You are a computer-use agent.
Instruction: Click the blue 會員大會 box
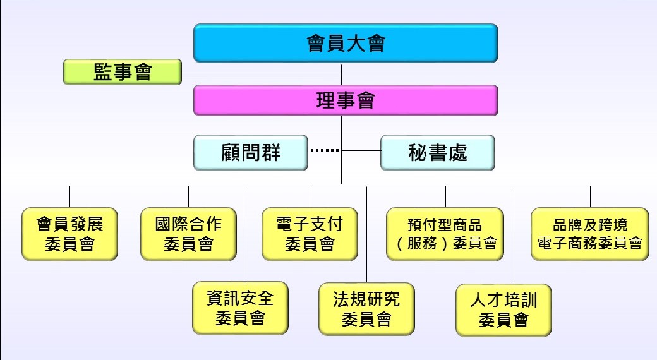pos(346,43)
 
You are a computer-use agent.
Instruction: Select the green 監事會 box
pos(123,72)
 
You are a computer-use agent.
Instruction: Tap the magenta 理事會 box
pos(346,100)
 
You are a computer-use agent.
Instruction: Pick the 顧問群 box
pos(250,152)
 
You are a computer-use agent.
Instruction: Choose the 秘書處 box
pos(437,152)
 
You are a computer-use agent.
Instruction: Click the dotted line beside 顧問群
pos(325,151)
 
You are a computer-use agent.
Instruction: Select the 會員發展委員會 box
pos(69,234)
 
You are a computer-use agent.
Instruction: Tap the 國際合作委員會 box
pos(188,234)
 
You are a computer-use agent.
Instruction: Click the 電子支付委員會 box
pos(310,234)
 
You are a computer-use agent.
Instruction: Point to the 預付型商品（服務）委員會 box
pos(445,234)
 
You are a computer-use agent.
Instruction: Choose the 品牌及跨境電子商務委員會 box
pos(589,234)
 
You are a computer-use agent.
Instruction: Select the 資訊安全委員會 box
pos(240,308)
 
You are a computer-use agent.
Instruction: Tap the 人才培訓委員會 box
pos(503,310)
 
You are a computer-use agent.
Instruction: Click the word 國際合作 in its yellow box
pos(188,224)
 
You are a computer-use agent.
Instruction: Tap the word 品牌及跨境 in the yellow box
pos(589,225)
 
